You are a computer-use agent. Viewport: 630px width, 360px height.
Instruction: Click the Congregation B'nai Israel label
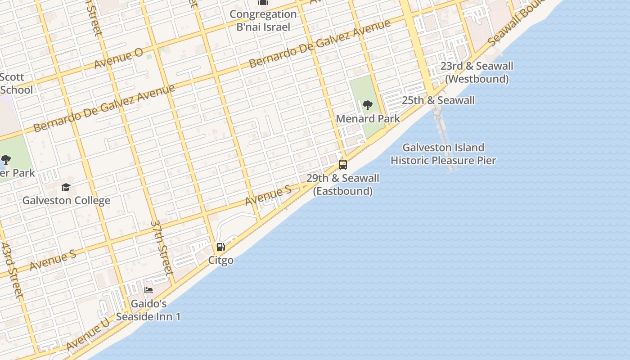click(x=263, y=20)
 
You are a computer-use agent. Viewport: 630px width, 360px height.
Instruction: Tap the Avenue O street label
click(x=118, y=59)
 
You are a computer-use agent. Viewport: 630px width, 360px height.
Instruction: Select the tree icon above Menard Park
click(x=367, y=106)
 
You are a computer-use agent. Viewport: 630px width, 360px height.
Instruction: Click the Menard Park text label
click(x=368, y=119)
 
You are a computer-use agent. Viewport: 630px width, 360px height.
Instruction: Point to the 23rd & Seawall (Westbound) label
click(x=477, y=72)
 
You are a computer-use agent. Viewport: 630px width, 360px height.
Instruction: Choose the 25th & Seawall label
click(x=438, y=100)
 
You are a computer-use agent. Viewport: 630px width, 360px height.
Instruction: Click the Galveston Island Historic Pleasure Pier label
click(x=443, y=154)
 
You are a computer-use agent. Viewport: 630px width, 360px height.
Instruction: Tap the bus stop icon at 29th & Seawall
click(x=342, y=165)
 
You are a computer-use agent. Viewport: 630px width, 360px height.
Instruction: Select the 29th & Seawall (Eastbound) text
click(x=342, y=184)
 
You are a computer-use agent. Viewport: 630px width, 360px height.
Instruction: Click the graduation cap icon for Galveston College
click(x=66, y=187)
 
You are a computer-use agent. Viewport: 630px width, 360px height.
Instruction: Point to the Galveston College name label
click(x=66, y=200)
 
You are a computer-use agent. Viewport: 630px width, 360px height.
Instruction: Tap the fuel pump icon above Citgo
click(x=220, y=247)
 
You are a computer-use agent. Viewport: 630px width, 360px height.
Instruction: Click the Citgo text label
click(x=220, y=260)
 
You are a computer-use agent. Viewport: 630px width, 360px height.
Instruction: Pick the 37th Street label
click(x=162, y=247)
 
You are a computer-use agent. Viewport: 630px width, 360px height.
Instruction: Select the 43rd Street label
click(x=11, y=270)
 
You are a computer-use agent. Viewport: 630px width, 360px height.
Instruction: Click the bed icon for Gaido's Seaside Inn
click(x=148, y=290)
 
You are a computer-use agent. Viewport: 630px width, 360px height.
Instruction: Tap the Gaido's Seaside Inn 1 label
click(x=148, y=310)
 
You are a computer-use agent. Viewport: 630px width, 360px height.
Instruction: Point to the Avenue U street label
click(x=88, y=334)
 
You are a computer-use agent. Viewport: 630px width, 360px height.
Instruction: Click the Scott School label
click(x=13, y=84)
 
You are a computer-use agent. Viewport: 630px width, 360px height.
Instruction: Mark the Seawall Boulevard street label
click(x=513, y=25)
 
